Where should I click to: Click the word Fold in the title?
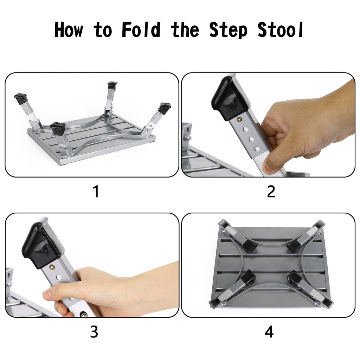click(x=141, y=30)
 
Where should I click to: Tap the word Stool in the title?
click(x=281, y=30)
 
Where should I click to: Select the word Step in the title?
click(x=228, y=30)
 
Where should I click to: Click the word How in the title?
click(x=69, y=30)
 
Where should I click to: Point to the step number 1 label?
click(x=96, y=191)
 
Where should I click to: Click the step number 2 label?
click(x=271, y=191)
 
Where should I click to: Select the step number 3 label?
click(x=94, y=332)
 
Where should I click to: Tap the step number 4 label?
click(x=269, y=332)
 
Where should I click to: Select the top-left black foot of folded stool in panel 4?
click(x=250, y=246)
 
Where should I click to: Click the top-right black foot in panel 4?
click(x=295, y=246)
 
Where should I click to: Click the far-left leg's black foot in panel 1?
click(x=21, y=98)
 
